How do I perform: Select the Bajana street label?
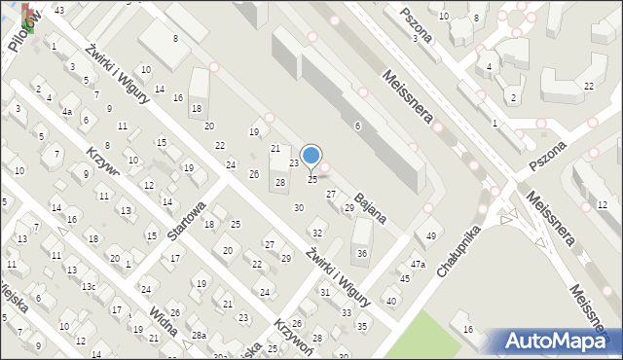coord(373,208)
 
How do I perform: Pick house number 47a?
coord(418,264)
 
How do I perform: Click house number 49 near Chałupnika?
coord(431,235)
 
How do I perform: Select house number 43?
coord(59,10)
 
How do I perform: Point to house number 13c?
coord(88,287)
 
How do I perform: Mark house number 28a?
coord(199,335)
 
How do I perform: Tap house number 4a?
coord(67,112)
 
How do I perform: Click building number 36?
coord(362,253)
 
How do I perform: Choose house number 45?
coord(405,279)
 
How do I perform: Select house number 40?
coord(391,301)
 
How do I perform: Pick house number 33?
coord(347,312)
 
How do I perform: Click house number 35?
coord(362,326)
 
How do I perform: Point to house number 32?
coord(316,233)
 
